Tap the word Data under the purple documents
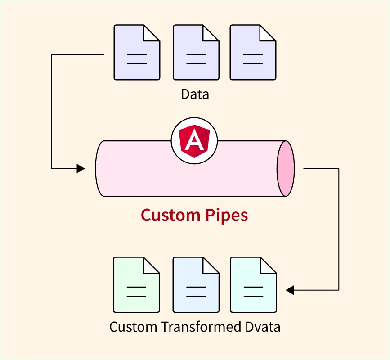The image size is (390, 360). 195,94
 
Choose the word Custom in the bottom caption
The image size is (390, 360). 133,327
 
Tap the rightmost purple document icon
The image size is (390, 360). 253,53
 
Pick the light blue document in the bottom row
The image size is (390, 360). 196,285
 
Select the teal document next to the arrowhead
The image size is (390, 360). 253,285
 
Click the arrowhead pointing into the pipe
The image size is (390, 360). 81,169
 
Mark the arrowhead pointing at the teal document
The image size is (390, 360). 290,290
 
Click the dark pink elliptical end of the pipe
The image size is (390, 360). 285,169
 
